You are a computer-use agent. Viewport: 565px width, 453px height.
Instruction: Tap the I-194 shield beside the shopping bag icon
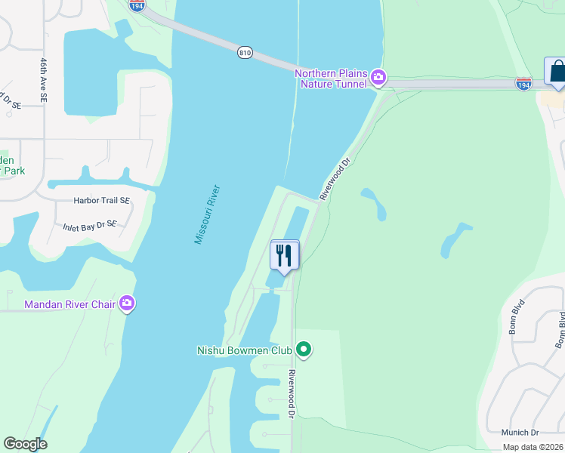tap(523, 83)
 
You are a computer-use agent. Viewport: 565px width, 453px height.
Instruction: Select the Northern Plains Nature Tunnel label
tap(331, 79)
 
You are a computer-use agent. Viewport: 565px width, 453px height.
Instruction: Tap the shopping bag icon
tap(557, 72)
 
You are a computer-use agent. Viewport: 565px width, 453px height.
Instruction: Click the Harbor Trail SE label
tap(101, 201)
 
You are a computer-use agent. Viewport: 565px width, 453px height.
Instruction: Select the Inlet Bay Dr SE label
tap(89, 224)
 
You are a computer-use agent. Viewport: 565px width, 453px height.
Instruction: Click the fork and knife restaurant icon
tap(285, 254)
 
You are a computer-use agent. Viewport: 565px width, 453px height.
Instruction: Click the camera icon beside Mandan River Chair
tap(126, 304)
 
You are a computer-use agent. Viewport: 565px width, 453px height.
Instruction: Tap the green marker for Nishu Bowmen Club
tap(303, 349)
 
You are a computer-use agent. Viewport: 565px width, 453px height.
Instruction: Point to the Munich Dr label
tap(520, 433)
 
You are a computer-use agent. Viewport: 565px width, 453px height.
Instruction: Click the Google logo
tap(25, 444)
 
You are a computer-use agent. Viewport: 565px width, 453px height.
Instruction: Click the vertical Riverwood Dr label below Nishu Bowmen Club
tap(292, 391)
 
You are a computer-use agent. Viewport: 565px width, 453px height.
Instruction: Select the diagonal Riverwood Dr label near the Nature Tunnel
tap(335, 179)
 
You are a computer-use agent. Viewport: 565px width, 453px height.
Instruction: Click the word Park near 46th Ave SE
tap(13, 171)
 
